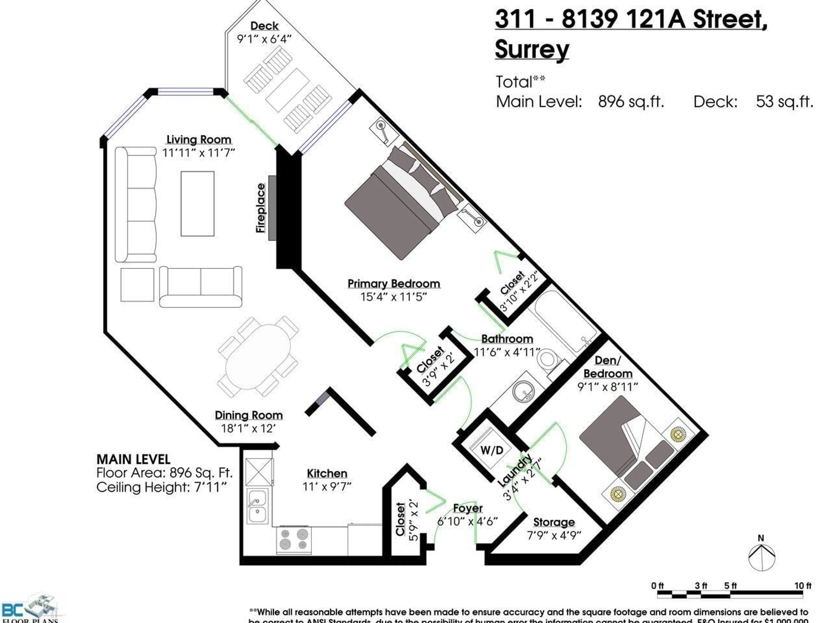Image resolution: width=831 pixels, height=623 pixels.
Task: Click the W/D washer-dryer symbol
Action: pos(492,450)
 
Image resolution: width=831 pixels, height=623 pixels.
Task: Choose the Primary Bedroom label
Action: pos(393,284)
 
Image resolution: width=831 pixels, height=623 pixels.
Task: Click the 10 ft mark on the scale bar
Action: pos(802,586)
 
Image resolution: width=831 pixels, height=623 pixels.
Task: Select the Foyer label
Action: pos(467,508)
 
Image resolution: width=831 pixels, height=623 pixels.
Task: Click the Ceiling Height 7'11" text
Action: pos(161,487)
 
